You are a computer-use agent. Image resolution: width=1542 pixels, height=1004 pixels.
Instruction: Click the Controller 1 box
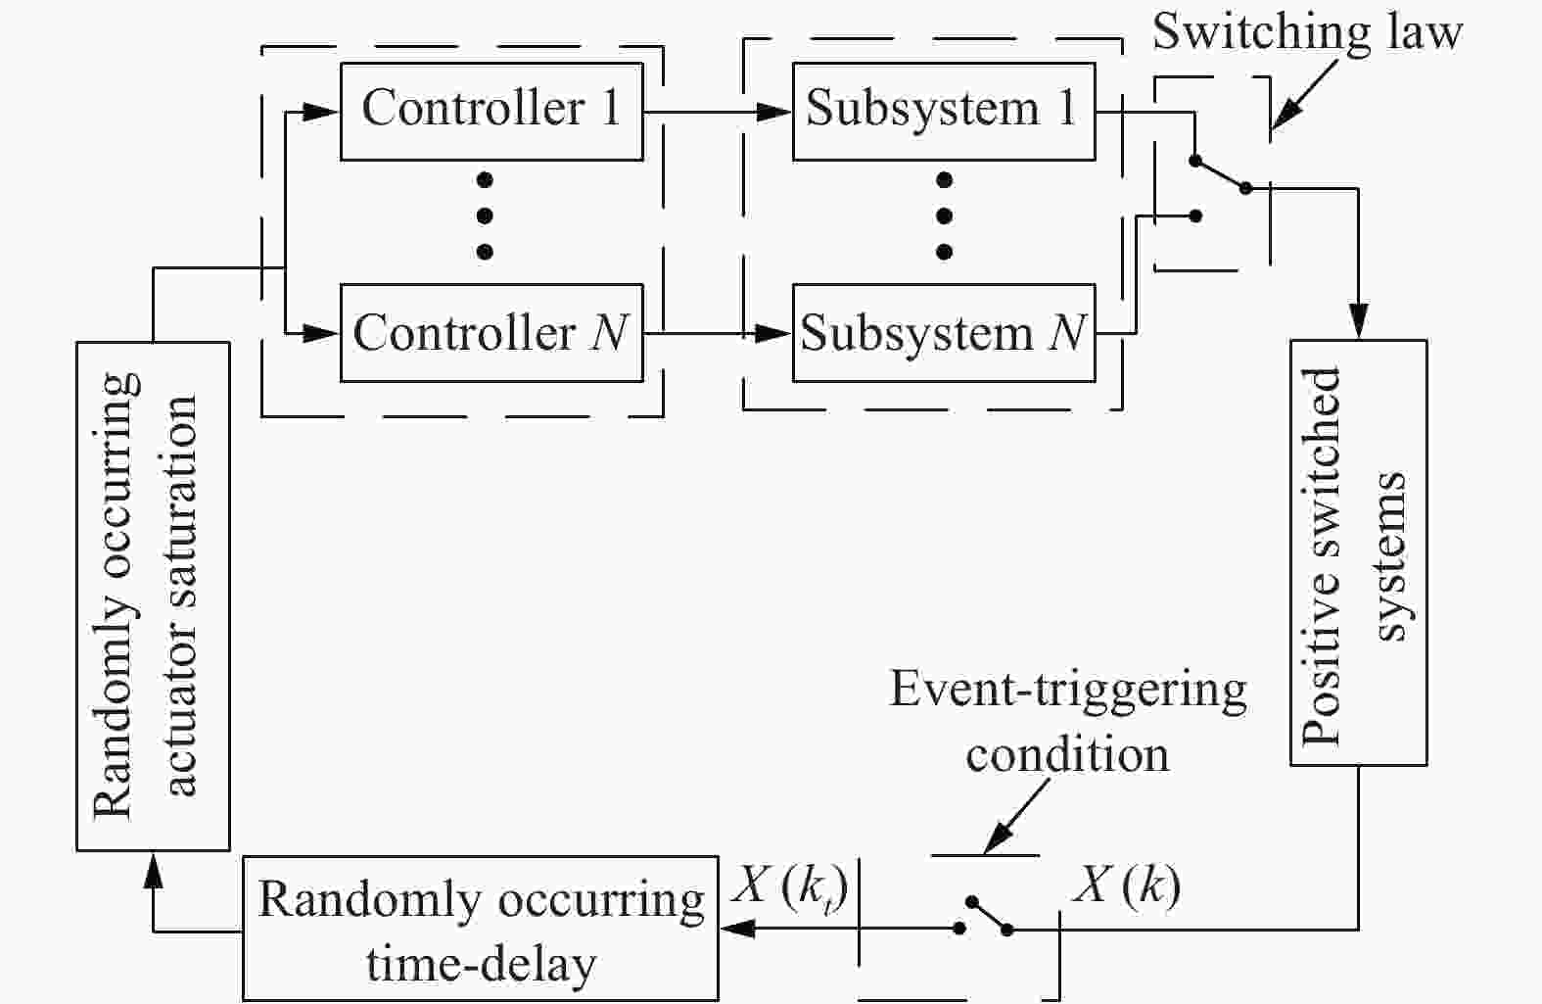pyautogui.click(x=491, y=111)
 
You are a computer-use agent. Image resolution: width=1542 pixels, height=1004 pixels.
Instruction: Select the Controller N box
pyautogui.click(x=491, y=333)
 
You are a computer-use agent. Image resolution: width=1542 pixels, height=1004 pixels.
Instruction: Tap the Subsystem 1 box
pyautogui.click(x=943, y=111)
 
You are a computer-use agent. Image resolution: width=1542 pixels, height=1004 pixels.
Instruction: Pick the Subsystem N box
pyautogui.click(x=943, y=333)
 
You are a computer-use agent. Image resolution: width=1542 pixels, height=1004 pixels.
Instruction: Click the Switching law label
pyautogui.click(x=1306, y=31)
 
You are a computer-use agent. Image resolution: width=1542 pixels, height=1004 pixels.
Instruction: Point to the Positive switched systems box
pyautogui.click(x=1358, y=553)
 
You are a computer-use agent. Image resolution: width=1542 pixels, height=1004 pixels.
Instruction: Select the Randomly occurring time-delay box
pyautogui.click(x=480, y=929)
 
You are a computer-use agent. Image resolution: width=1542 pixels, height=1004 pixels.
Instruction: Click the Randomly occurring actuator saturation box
pyautogui.click(x=153, y=596)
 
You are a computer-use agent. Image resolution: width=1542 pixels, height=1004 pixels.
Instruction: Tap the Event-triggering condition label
pyautogui.click(x=1067, y=722)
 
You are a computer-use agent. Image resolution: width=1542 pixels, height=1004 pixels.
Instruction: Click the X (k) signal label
pyautogui.click(x=1126, y=886)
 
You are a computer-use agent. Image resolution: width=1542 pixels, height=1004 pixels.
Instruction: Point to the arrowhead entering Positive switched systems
pyautogui.click(x=1358, y=323)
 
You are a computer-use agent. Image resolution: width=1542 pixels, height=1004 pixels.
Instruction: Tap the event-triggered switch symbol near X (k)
pyautogui.click(x=987, y=916)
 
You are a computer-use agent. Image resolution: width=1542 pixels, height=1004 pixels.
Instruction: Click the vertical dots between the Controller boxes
pyautogui.click(x=485, y=215)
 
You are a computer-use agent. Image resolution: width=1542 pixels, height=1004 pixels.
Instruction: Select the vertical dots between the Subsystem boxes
pyautogui.click(x=944, y=215)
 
